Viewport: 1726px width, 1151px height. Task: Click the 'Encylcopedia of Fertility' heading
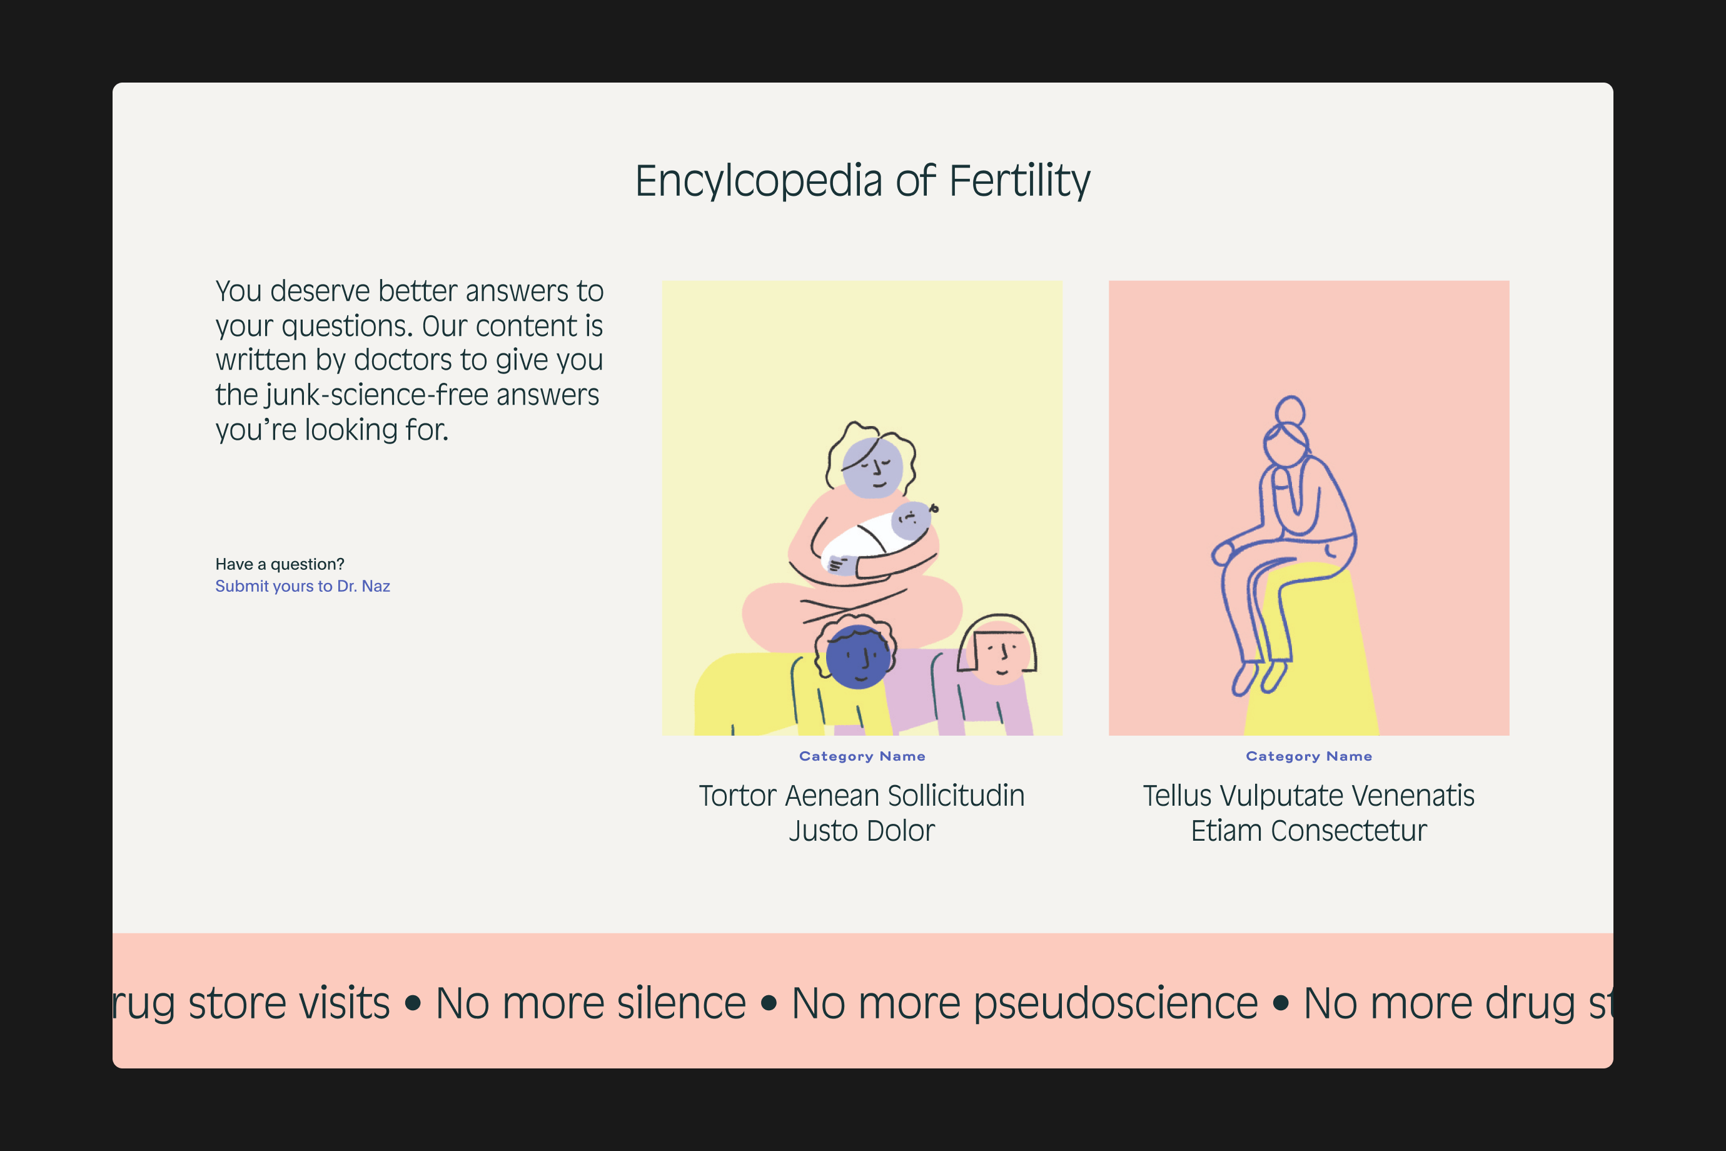click(x=862, y=181)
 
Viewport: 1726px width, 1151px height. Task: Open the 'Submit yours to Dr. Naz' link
click(x=302, y=586)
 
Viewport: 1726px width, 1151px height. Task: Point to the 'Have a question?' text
click(x=280, y=564)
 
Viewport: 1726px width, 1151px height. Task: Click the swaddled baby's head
click(x=911, y=520)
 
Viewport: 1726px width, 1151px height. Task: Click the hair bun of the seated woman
click(x=1289, y=411)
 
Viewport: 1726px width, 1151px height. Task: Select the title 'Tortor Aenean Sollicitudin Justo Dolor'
click(x=862, y=813)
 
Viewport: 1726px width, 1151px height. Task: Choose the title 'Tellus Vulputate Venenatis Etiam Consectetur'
click(x=1308, y=813)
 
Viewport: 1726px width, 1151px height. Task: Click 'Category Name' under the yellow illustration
click(x=862, y=756)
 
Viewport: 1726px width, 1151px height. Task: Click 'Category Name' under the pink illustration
click(x=1308, y=756)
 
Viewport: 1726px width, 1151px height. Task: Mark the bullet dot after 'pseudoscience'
click(x=1281, y=1003)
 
